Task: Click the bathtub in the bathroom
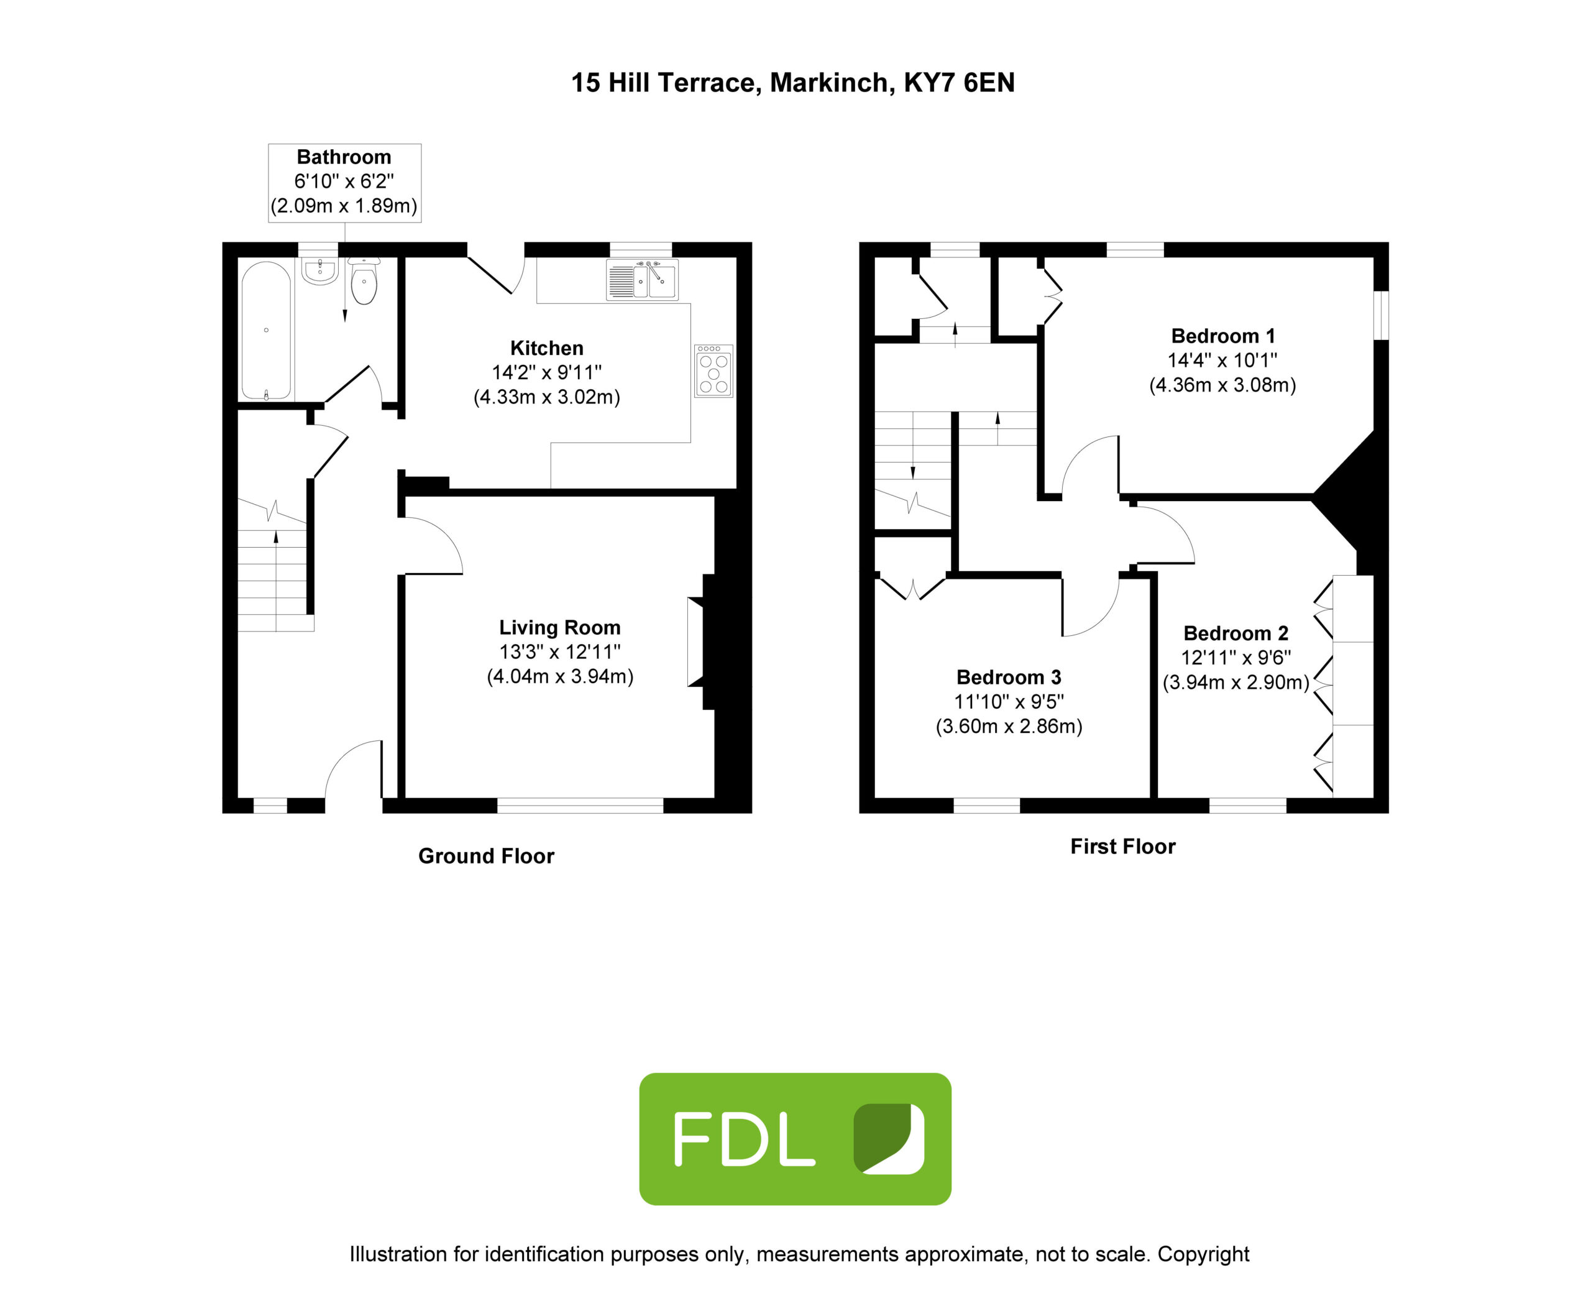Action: tap(266, 329)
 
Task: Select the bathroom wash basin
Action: tap(319, 271)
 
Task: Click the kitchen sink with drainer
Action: tap(641, 279)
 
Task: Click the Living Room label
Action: tap(560, 627)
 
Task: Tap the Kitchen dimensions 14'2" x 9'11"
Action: tap(547, 372)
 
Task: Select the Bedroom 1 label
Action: tap(1222, 336)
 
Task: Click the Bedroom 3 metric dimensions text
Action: tap(1009, 726)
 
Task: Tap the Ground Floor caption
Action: tap(486, 856)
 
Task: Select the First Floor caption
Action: tap(1122, 847)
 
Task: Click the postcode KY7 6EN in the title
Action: tap(959, 83)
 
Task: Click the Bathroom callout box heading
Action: tap(344, 157)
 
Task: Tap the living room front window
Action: tap(580, 805)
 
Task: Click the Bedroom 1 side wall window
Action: tap(1381, 315)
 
